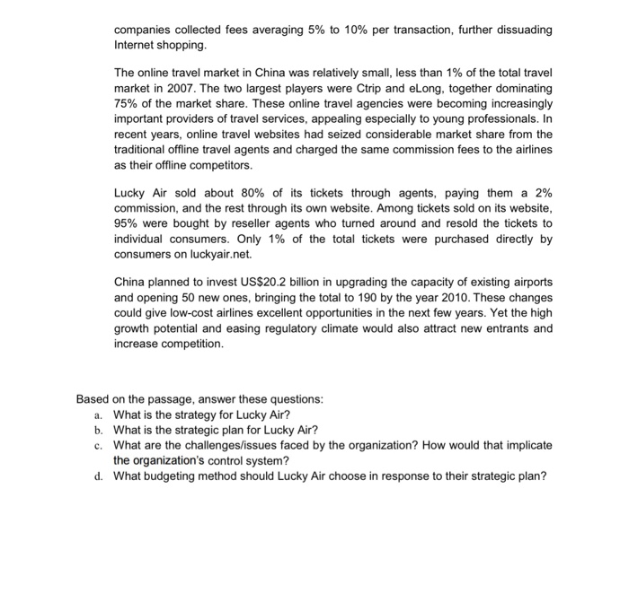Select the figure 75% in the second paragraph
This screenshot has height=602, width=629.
128,101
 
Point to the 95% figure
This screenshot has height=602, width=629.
128,222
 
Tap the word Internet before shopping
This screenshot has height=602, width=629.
136,45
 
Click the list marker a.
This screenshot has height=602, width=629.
98,415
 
